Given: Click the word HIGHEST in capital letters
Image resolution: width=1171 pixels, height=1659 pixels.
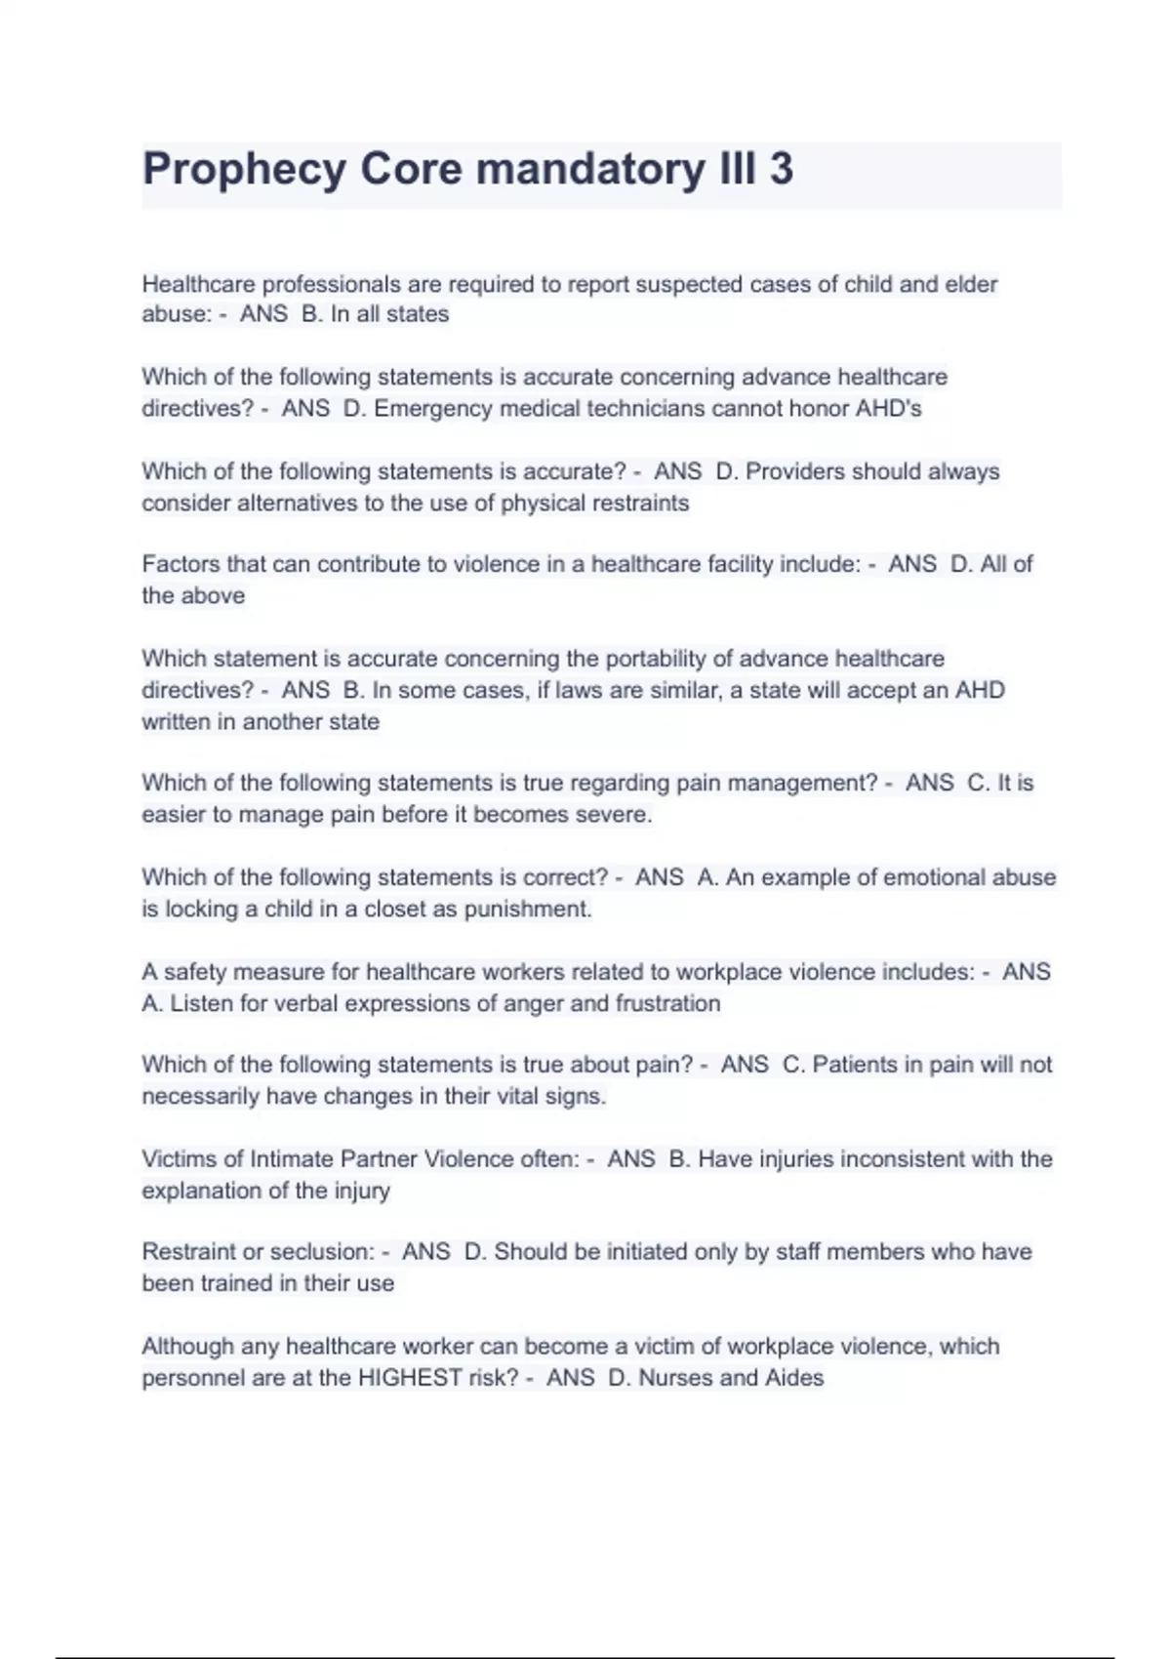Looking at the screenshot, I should (x=410, y=1378).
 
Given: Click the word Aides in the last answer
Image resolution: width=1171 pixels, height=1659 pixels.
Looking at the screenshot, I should (x=794, y=1378).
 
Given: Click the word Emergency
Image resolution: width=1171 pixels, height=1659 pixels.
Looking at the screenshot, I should (x=433, y=409).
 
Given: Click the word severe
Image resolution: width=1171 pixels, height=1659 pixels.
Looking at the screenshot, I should (x=617, y=815).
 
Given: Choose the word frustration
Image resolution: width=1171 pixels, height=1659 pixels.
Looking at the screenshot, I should (x=667, y=1004).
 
